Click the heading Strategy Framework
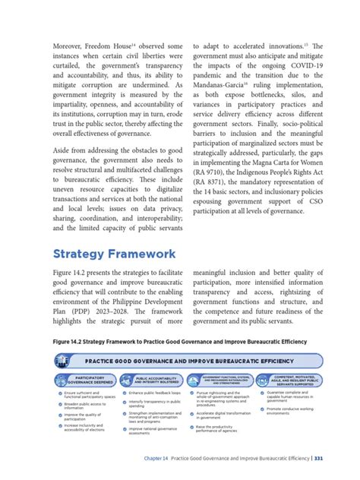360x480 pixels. click(x=114, y=254)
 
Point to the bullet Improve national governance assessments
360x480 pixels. click(x=155, y=431)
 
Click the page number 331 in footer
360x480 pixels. click(x=319, y=457)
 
